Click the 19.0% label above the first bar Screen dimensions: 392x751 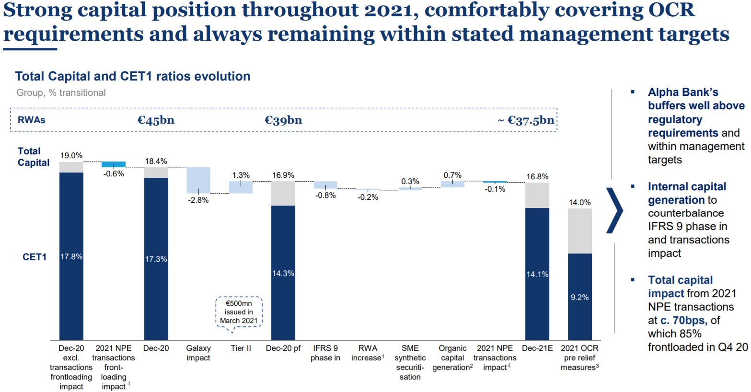pos(71,156)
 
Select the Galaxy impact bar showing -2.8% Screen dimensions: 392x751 pos(198,180)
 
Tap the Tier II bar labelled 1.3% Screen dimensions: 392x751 pos(241,187)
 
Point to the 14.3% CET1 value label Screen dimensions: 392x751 pos(283,273)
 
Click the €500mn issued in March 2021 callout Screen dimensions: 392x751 pos(239,312)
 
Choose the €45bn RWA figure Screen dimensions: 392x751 pos(156,120)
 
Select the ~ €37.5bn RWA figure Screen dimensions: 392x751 pos(526,120)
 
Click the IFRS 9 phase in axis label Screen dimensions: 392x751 pos(325,353)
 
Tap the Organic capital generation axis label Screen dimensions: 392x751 pos(452,358)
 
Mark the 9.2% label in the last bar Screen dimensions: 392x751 pos(579,298)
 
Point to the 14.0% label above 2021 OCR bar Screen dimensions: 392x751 pos(579,203)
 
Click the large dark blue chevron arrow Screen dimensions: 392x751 pos(615,210)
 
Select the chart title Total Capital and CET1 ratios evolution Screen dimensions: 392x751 pos(133,76)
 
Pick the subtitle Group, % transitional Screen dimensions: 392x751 pos(61,92)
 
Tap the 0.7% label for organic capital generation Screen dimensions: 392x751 pos(452,175)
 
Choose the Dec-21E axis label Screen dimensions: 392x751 pos(537,348)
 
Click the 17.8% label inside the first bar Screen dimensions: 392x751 pos(71,257)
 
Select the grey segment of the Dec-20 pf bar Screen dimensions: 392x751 pos(283,194)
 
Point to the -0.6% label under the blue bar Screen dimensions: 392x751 pos(114,174)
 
